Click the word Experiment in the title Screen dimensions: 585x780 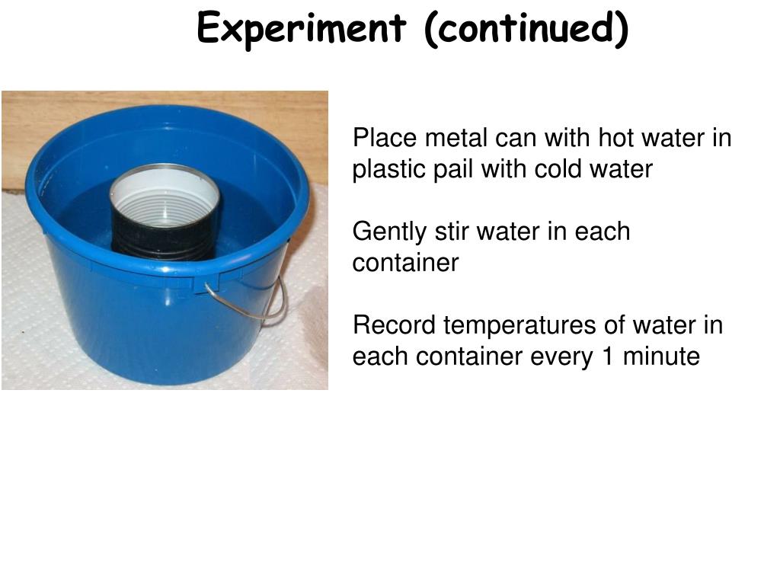click(x=301, y=30)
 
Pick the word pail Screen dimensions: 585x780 click(x=453, y=169)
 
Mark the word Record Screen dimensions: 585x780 click(x=394, y=325)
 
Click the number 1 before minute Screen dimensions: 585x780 click(x=608, y=356)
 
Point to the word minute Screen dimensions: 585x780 click(x=660, y=356)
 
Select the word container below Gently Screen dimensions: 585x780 click(x=405, y=263)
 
